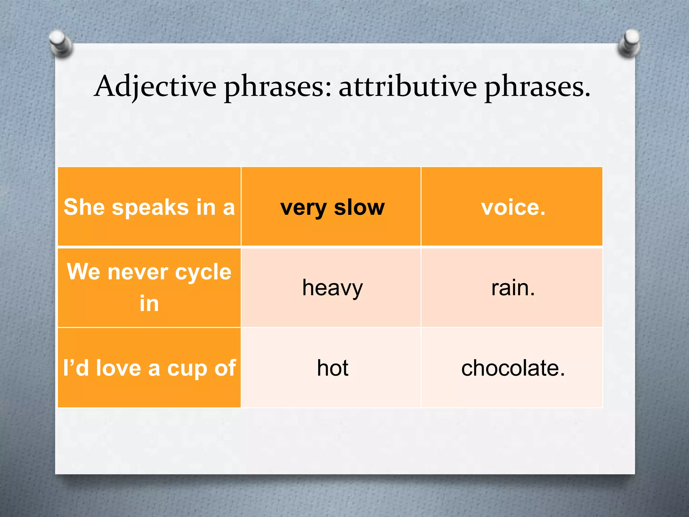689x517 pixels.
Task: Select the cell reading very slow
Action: click(332, 207)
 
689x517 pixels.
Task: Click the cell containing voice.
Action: click(513, 207)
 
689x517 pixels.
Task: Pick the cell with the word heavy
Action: click(332, 288)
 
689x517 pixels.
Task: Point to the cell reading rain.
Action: click(513, 288)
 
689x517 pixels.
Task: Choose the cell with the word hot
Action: click(332, 368)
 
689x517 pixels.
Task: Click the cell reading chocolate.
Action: click(513, 368)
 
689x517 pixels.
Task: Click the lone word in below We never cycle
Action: click(149, 303)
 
